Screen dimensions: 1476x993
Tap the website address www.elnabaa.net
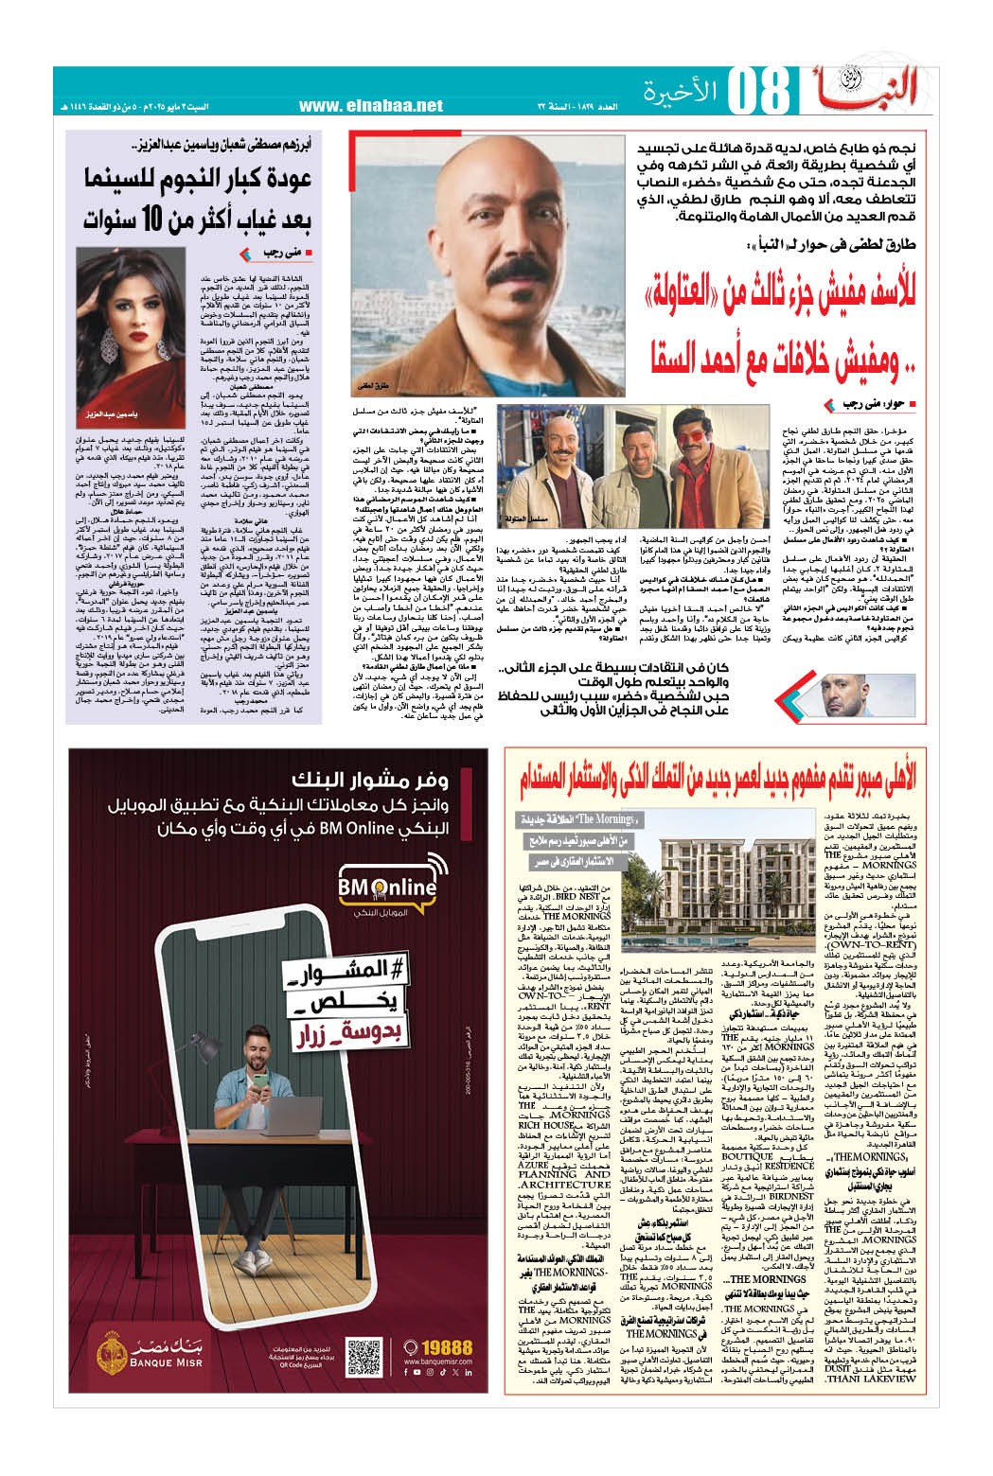tap(370, 106)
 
